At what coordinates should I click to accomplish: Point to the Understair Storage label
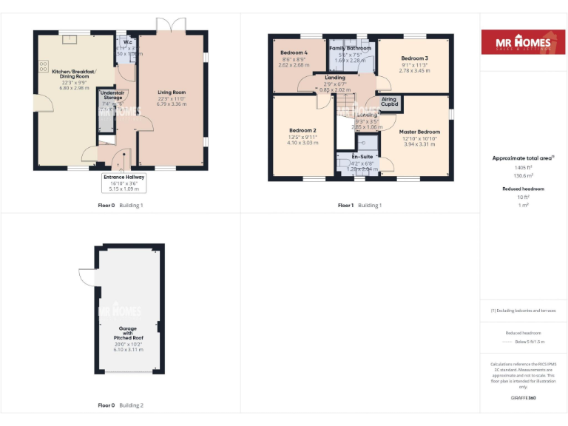(x=112, y=95)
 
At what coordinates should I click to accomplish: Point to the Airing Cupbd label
(x=389, y=101)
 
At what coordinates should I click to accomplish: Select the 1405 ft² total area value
(x=524, y=167)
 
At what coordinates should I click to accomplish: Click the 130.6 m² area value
(x=524, y=175)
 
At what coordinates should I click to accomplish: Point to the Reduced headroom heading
(x=524, y=189)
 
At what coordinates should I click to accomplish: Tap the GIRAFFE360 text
(x=524, y=398)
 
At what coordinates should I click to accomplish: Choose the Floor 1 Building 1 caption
(x=359, y=205)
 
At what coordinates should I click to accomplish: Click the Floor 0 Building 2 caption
(x=121, y=405)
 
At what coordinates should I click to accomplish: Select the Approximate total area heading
(x=522, y=158)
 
